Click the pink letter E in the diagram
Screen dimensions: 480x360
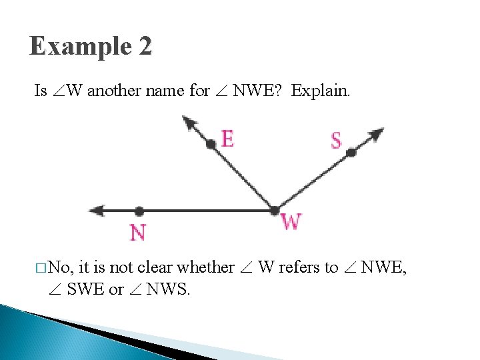tap(227, 139)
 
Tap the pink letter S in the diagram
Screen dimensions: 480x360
tap(336, 141)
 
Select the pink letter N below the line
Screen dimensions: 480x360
tap(137, 233)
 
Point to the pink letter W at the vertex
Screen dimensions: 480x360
tap(291, 222)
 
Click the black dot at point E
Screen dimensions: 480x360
tap(211, 143)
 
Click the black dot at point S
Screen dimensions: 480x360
tap(351, 153)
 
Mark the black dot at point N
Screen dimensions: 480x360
tap(139, 211)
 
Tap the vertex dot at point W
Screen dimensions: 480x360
tap(274, 211)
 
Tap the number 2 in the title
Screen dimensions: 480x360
tap(145, 47)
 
